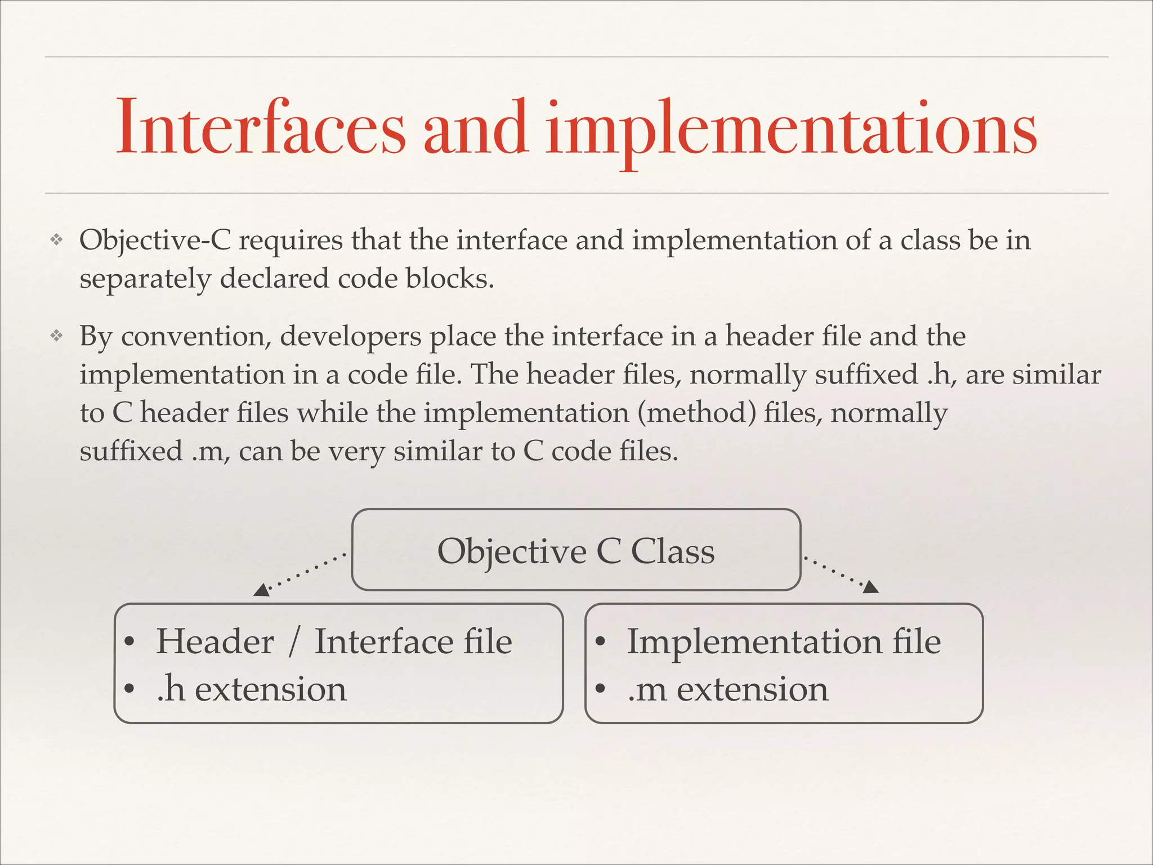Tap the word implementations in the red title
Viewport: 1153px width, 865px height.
coord(791,130)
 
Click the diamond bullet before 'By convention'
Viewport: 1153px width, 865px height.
coord(56,336)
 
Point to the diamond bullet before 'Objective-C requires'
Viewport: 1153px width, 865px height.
coord(56,240)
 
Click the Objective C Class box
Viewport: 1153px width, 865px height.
coord(576,550)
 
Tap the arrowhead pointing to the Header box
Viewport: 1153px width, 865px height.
coord(261,590)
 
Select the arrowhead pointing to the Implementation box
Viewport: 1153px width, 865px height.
coord(870,587)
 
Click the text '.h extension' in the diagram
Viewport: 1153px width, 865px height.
coord(251,689)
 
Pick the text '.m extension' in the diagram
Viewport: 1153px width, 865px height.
coord(727,689)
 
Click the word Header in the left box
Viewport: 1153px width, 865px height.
coord(215,641)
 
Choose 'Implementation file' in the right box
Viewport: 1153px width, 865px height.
coord(784,641)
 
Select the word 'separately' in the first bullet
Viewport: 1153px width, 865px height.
coord(145,279)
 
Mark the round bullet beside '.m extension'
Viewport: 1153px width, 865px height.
coord(601,689)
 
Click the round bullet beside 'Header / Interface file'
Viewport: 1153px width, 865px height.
coord(129,642)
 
